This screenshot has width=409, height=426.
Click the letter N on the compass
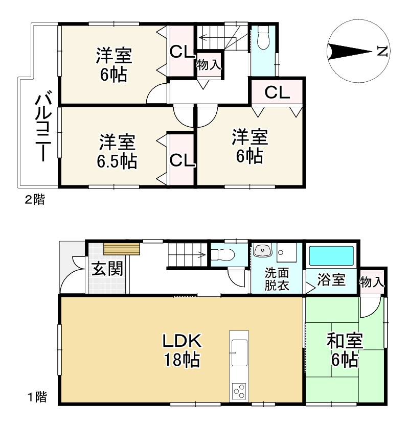[x=382, y=51]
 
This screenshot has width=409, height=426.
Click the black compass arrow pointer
[x=350, y=52]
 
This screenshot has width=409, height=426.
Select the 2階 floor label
[x=35, y=200]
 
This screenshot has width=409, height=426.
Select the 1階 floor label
[x=37, y=397]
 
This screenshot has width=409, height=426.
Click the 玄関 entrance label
[x=107, y=269]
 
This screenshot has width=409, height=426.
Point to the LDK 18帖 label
[x=181, y=350]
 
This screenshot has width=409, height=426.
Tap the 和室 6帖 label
[x=345, y=350]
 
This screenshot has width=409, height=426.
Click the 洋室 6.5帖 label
[x=117, y=151]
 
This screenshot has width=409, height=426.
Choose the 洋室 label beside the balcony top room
[x=114, y=56]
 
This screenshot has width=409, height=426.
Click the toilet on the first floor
[x=223, y=255]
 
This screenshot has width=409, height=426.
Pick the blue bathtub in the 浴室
[x=331, y=256]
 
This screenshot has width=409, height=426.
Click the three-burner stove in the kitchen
[x=239, y=391]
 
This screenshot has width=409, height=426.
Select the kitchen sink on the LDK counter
[x=239, y=352]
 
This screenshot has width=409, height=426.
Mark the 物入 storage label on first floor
[x=372, y=282]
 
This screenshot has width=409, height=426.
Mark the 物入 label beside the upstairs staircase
[x=209, y=65]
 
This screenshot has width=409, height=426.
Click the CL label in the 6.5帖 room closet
[x=182, y=160]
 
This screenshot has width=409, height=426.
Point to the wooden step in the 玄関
[x=122, y=249]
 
